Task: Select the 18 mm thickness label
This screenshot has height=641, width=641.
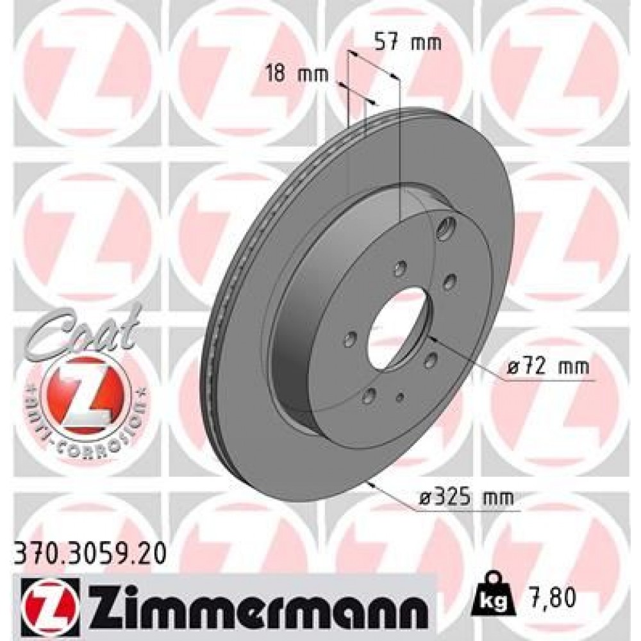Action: click(x=297, y=74)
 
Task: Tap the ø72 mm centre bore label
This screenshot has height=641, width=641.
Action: click(x=547, y=368)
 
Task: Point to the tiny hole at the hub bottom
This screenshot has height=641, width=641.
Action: click(x=400, y=397)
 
